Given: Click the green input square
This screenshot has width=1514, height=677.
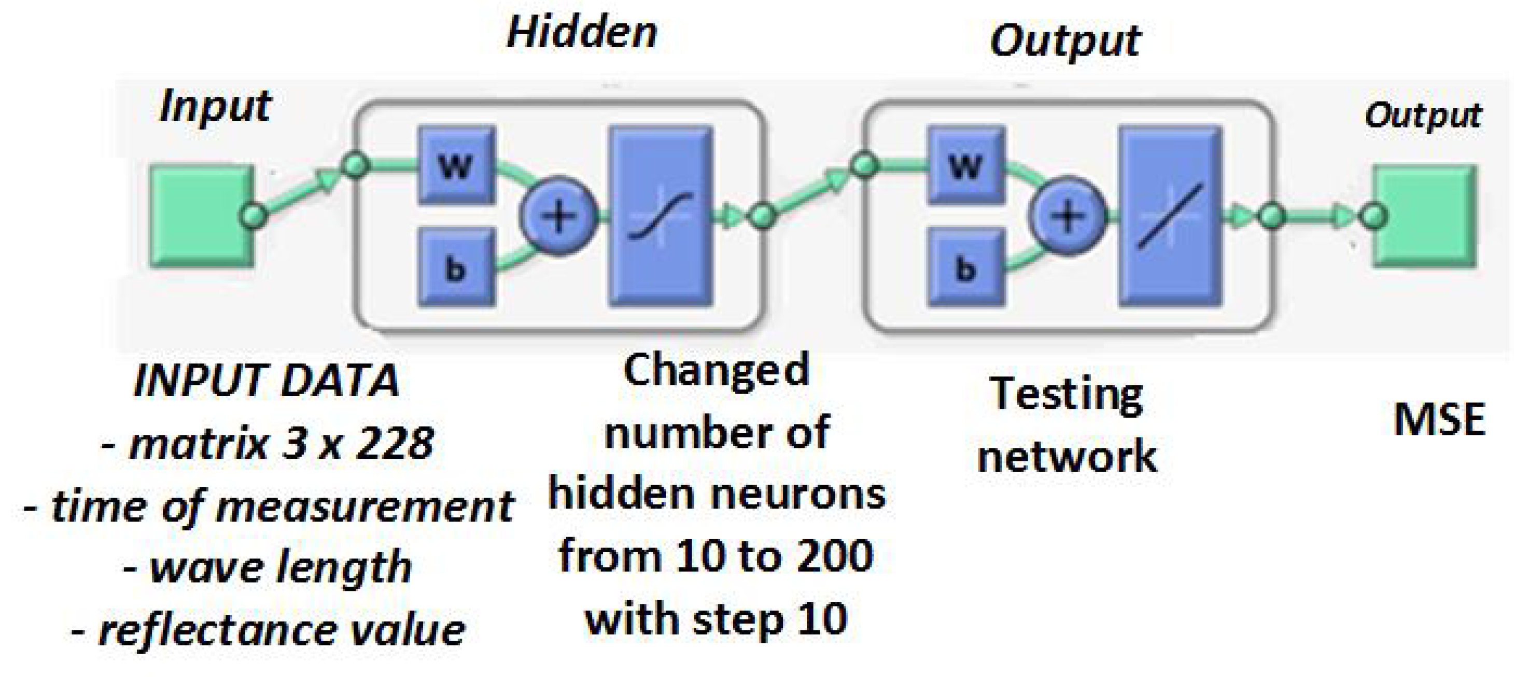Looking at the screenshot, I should tap(202, 216).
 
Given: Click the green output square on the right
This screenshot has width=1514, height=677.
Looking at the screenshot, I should tap(1425, 216).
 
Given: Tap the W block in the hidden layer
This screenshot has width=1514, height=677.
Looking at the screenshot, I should tap(456, 165).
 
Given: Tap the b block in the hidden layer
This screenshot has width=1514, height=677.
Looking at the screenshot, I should tap(456, 268).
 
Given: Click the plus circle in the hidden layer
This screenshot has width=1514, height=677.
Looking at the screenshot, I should tap(558, 216).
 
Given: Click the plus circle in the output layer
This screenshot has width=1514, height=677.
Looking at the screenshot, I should tap(1068, 216).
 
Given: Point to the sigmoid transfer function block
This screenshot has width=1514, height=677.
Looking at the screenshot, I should tap(661, 216).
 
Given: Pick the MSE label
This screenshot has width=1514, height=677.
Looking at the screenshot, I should tap(1439, 419).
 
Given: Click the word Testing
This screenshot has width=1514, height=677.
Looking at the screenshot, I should tap(1066, 394).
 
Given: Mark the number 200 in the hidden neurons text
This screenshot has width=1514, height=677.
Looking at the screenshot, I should tap(835, 556).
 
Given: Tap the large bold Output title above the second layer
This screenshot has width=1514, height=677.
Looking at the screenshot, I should tap(1065, 41).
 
